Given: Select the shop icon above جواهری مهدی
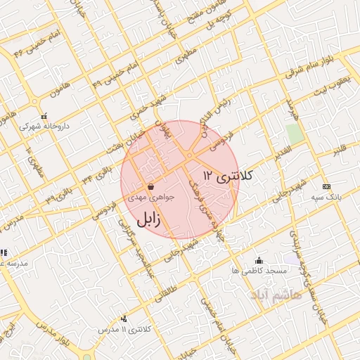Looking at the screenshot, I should click(x=151, y=186).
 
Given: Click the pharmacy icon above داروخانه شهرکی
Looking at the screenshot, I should click(x=44, y=116).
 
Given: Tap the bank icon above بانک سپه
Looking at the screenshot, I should click(x=326, y=186).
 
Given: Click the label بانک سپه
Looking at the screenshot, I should click(x=328, y=198).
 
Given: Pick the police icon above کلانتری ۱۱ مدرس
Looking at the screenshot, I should click(x=124, y=319).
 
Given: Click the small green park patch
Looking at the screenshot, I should click(x=294, y=133).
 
